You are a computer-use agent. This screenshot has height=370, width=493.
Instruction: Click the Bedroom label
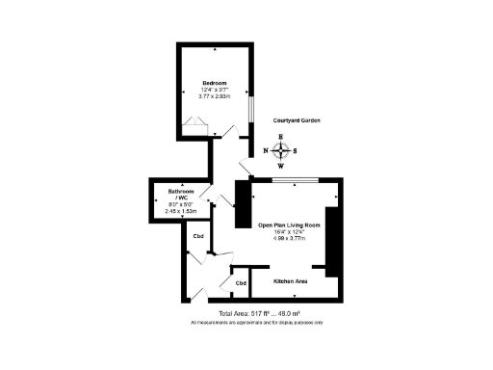[x=215, y=82]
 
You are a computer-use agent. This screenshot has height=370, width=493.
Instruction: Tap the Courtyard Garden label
[x=296, y=119]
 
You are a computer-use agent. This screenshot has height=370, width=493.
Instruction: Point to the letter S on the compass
[x=296, y=150]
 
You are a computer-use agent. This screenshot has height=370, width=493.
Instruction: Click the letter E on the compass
[x=280, y=137]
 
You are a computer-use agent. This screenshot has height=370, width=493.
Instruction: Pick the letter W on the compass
[x=280, y=165]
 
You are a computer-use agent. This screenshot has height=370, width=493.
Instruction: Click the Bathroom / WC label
[x=181, y=194]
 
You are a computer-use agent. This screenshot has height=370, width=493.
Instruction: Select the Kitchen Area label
[x=290, y=281]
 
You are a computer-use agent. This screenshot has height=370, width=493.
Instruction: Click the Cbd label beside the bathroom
[x=198, y=237]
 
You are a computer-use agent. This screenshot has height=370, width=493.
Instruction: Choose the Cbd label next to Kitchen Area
[x=241, y=283]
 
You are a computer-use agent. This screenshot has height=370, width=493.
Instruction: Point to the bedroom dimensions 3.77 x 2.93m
[x=215, y=96]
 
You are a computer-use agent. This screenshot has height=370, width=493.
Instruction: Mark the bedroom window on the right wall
[x=249, y=108]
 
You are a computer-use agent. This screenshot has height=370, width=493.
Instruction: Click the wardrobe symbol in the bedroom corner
[x=196, y=124]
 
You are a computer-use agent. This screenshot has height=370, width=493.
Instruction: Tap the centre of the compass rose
[x=280, y=150]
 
